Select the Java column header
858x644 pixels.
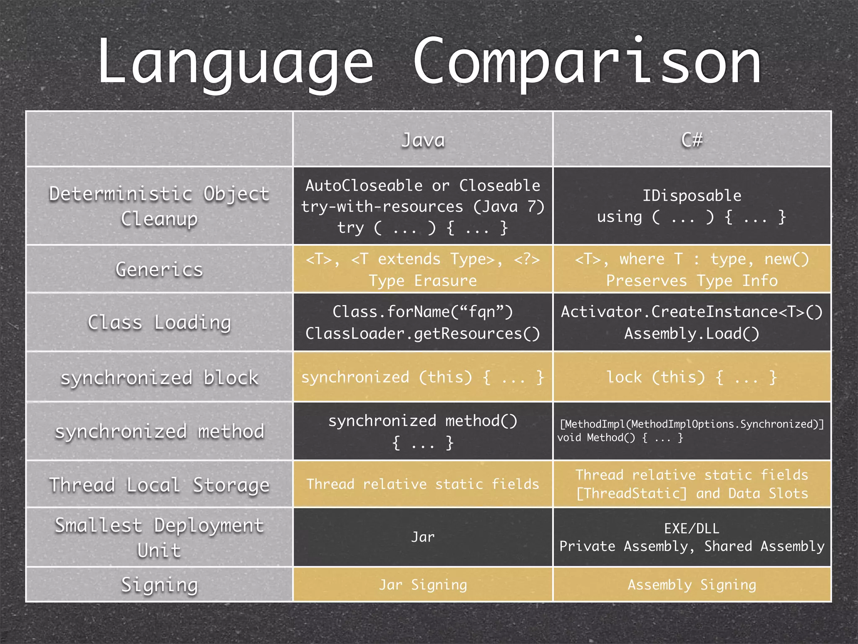[423, 140]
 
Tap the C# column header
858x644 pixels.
[692, 140]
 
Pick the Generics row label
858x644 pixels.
[159, 269]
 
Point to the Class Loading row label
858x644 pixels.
[159, 322]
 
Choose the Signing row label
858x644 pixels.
[159, 584]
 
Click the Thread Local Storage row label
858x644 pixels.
[159, 485]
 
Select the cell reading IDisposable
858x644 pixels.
[692, 195]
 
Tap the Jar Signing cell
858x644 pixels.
[423, 584]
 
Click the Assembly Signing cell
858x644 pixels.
[692, 584]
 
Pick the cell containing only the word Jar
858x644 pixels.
[423, 537]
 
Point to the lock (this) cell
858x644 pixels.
[692, 377]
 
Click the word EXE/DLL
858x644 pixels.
[692, 528]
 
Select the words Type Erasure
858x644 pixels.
[423, 280]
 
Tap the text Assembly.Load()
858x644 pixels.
[692, 333]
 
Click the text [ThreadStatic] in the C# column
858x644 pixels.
[632, 493]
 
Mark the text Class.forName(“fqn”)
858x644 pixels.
[423, 312]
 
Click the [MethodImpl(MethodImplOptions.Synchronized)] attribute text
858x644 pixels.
[692, 424]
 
